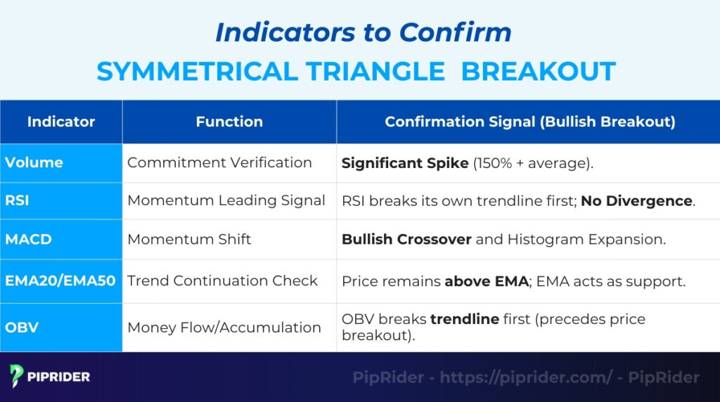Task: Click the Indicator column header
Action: click(61, 122)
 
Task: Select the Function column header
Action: click(229, 122)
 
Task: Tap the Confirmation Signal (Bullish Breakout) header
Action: click(529, 122)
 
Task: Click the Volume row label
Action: click(34, 162)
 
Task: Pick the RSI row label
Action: click(17, 201)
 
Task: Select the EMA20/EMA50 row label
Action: click(60, 281)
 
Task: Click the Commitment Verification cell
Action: click(219, 162)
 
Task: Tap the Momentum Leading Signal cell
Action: click(226, 201)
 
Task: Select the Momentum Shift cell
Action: click(189, 240)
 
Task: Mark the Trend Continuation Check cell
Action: click(222, 281)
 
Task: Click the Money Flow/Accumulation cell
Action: click(224, 328)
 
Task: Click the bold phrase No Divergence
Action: click(636, 201)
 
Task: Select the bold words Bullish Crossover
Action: click(406, 240)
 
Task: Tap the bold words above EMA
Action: click(486, 281)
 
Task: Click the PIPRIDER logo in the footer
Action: click(50, 377)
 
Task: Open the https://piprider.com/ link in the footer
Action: click(525, 377)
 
